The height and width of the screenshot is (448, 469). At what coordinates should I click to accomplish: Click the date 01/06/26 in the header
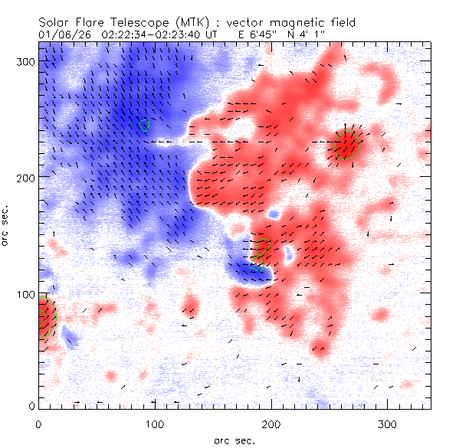[61, 34]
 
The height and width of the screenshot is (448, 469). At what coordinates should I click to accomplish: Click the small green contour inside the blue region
[145, 124]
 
